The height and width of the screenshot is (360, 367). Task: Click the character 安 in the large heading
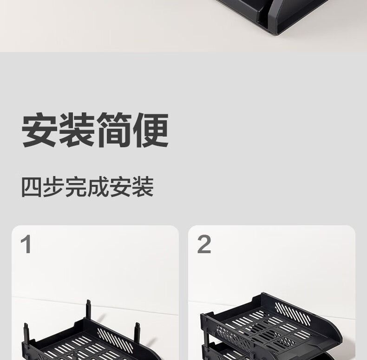click(x=39, y=130)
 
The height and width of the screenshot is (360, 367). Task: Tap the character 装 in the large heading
click(x=77, y=130)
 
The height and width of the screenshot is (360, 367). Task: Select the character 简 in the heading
click(x=114, y=130)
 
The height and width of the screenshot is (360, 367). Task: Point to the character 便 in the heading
click(x=151, y=130)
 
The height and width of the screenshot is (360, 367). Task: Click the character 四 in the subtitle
click(x=32, y=187)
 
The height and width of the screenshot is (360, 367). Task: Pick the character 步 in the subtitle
click(x=54, y=187)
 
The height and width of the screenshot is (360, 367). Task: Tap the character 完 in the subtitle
click(x=76, y=187)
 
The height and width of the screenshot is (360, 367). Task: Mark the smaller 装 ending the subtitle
click(x=143, y=187)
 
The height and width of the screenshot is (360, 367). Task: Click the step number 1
click(x=26, y=244)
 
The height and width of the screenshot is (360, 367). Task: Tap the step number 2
click(x=204, y=244)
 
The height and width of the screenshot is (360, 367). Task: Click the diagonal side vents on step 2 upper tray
click(x=293, y=314)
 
